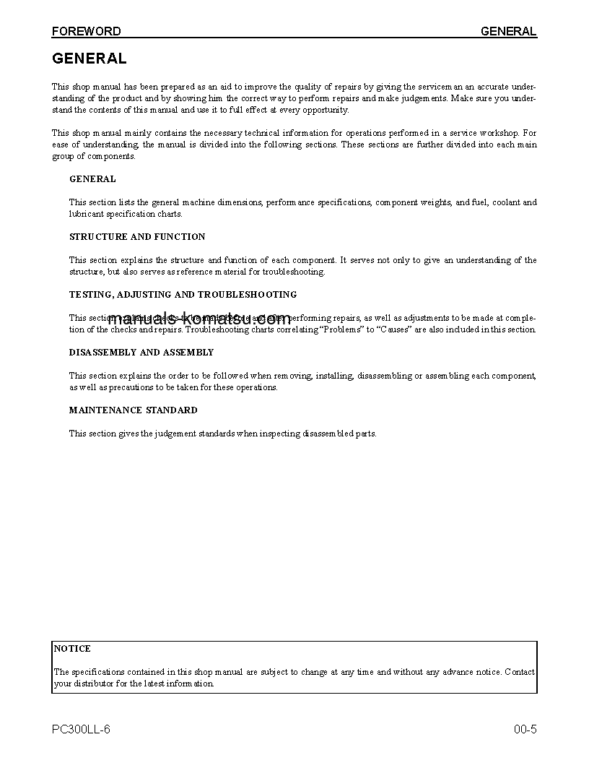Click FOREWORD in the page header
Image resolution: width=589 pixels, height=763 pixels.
click(86, 31)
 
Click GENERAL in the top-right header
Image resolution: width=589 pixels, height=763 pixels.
click(508, 31)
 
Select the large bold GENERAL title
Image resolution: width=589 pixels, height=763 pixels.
click(89, 59)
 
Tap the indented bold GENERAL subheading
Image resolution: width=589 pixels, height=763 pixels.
click(92, 179)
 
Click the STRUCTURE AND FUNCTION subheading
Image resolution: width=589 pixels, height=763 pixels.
click(137, 237)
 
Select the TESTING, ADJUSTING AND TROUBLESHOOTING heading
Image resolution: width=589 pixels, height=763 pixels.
click(183, 295)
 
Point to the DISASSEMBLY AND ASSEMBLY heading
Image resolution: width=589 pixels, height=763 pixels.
click(141, 353)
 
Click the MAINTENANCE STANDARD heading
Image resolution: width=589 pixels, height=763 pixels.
click(133, 410)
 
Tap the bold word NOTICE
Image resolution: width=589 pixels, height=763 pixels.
click(72, 649)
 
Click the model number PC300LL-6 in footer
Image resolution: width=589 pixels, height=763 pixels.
click(82, 729)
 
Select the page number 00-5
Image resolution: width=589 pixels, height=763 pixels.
click(525, 729)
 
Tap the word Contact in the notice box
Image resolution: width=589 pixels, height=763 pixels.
click(520, 672)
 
